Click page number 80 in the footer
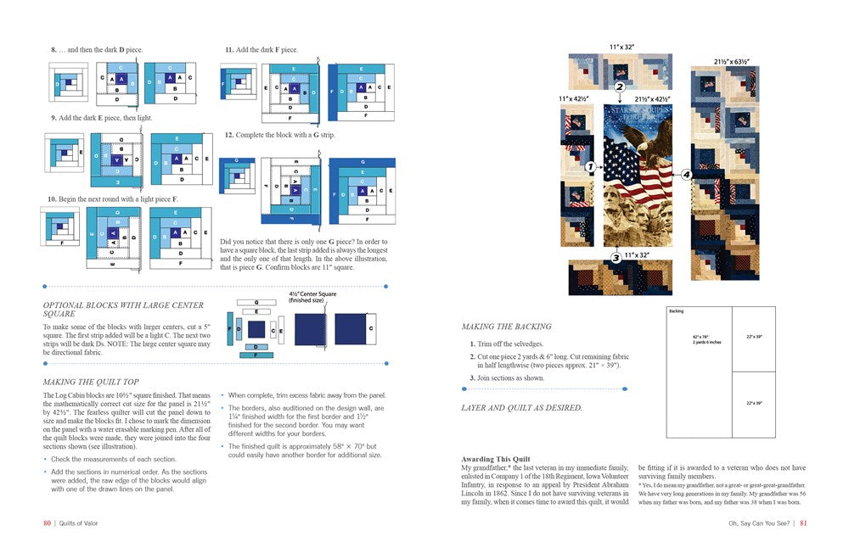pos(48,523)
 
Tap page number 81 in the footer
pos(803,523)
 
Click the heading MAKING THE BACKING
pos(506,327)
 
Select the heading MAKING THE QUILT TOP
pos(92,383)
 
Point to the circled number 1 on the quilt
pos(589,168)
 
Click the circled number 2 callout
pos(620,87)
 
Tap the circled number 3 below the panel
pos(616,257)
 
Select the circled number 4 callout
pos(686,175)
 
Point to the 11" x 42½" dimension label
pos(577,99)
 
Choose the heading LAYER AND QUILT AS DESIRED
pos(522,408)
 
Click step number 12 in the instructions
pos(229,135)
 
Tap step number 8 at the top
pos(53,50)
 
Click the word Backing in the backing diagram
pos(677,311)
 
